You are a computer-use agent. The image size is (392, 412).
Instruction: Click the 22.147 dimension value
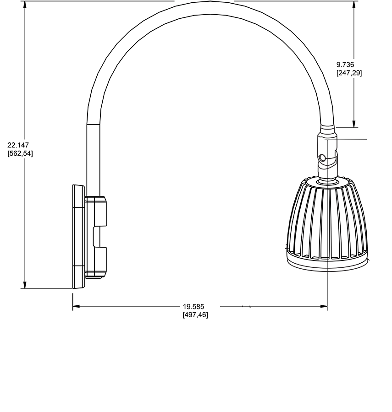pos(18,145)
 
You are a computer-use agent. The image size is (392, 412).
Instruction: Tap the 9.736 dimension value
pos(345,65)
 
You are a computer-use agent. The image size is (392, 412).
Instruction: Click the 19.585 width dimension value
pos(193,306)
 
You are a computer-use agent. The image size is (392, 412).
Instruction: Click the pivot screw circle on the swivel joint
pos(321,158)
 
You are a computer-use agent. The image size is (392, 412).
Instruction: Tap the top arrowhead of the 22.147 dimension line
pos(25,5)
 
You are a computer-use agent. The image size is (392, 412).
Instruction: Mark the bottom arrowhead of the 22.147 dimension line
pos(25,285)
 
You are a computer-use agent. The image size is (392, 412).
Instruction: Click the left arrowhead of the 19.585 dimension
pos(76,306)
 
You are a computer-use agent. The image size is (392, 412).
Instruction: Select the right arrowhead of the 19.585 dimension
pos(324,306)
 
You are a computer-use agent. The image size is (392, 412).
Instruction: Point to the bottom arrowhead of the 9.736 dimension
pos(354,124)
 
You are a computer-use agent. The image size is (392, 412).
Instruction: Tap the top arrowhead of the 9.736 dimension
pos(354,5)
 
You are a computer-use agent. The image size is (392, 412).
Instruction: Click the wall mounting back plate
pos(79,237)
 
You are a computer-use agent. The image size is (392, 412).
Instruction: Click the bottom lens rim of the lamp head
pos(327,266)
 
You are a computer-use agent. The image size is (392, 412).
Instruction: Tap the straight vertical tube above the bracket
pos(93,160)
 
